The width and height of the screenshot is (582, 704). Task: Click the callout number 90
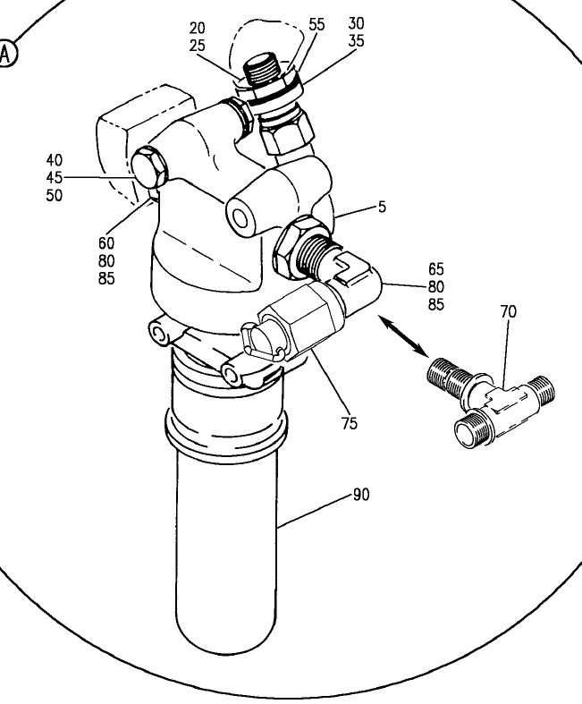361,495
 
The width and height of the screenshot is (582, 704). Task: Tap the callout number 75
349,423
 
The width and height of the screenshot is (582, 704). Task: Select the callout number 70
509,311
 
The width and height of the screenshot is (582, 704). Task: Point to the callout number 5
382,207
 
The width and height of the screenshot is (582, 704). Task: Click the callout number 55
316,24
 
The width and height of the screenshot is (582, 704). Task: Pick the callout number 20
197,28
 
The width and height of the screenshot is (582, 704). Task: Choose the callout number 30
356,23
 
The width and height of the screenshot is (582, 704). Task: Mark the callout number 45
55,178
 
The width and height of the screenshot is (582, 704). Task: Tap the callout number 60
106,243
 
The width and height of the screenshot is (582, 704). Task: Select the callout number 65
435,269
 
